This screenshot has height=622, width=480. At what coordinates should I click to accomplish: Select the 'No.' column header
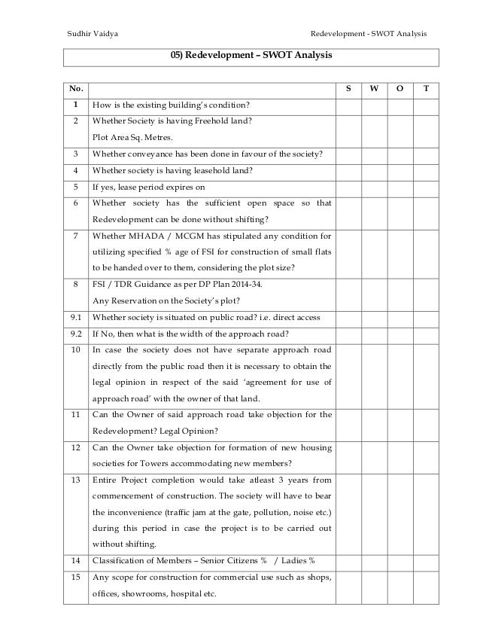(76, 89)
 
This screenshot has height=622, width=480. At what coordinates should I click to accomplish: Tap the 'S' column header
(348, 89)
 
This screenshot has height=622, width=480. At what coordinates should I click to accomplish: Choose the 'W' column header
(374, 89)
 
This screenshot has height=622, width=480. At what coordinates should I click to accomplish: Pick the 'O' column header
(399, 89)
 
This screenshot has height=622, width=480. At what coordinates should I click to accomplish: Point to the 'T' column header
(427, 89)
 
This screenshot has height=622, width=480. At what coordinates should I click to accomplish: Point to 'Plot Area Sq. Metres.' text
(132, 138)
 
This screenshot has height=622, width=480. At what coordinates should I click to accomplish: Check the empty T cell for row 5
(427, 187)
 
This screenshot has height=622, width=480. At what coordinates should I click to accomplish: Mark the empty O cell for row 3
(399, 154)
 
